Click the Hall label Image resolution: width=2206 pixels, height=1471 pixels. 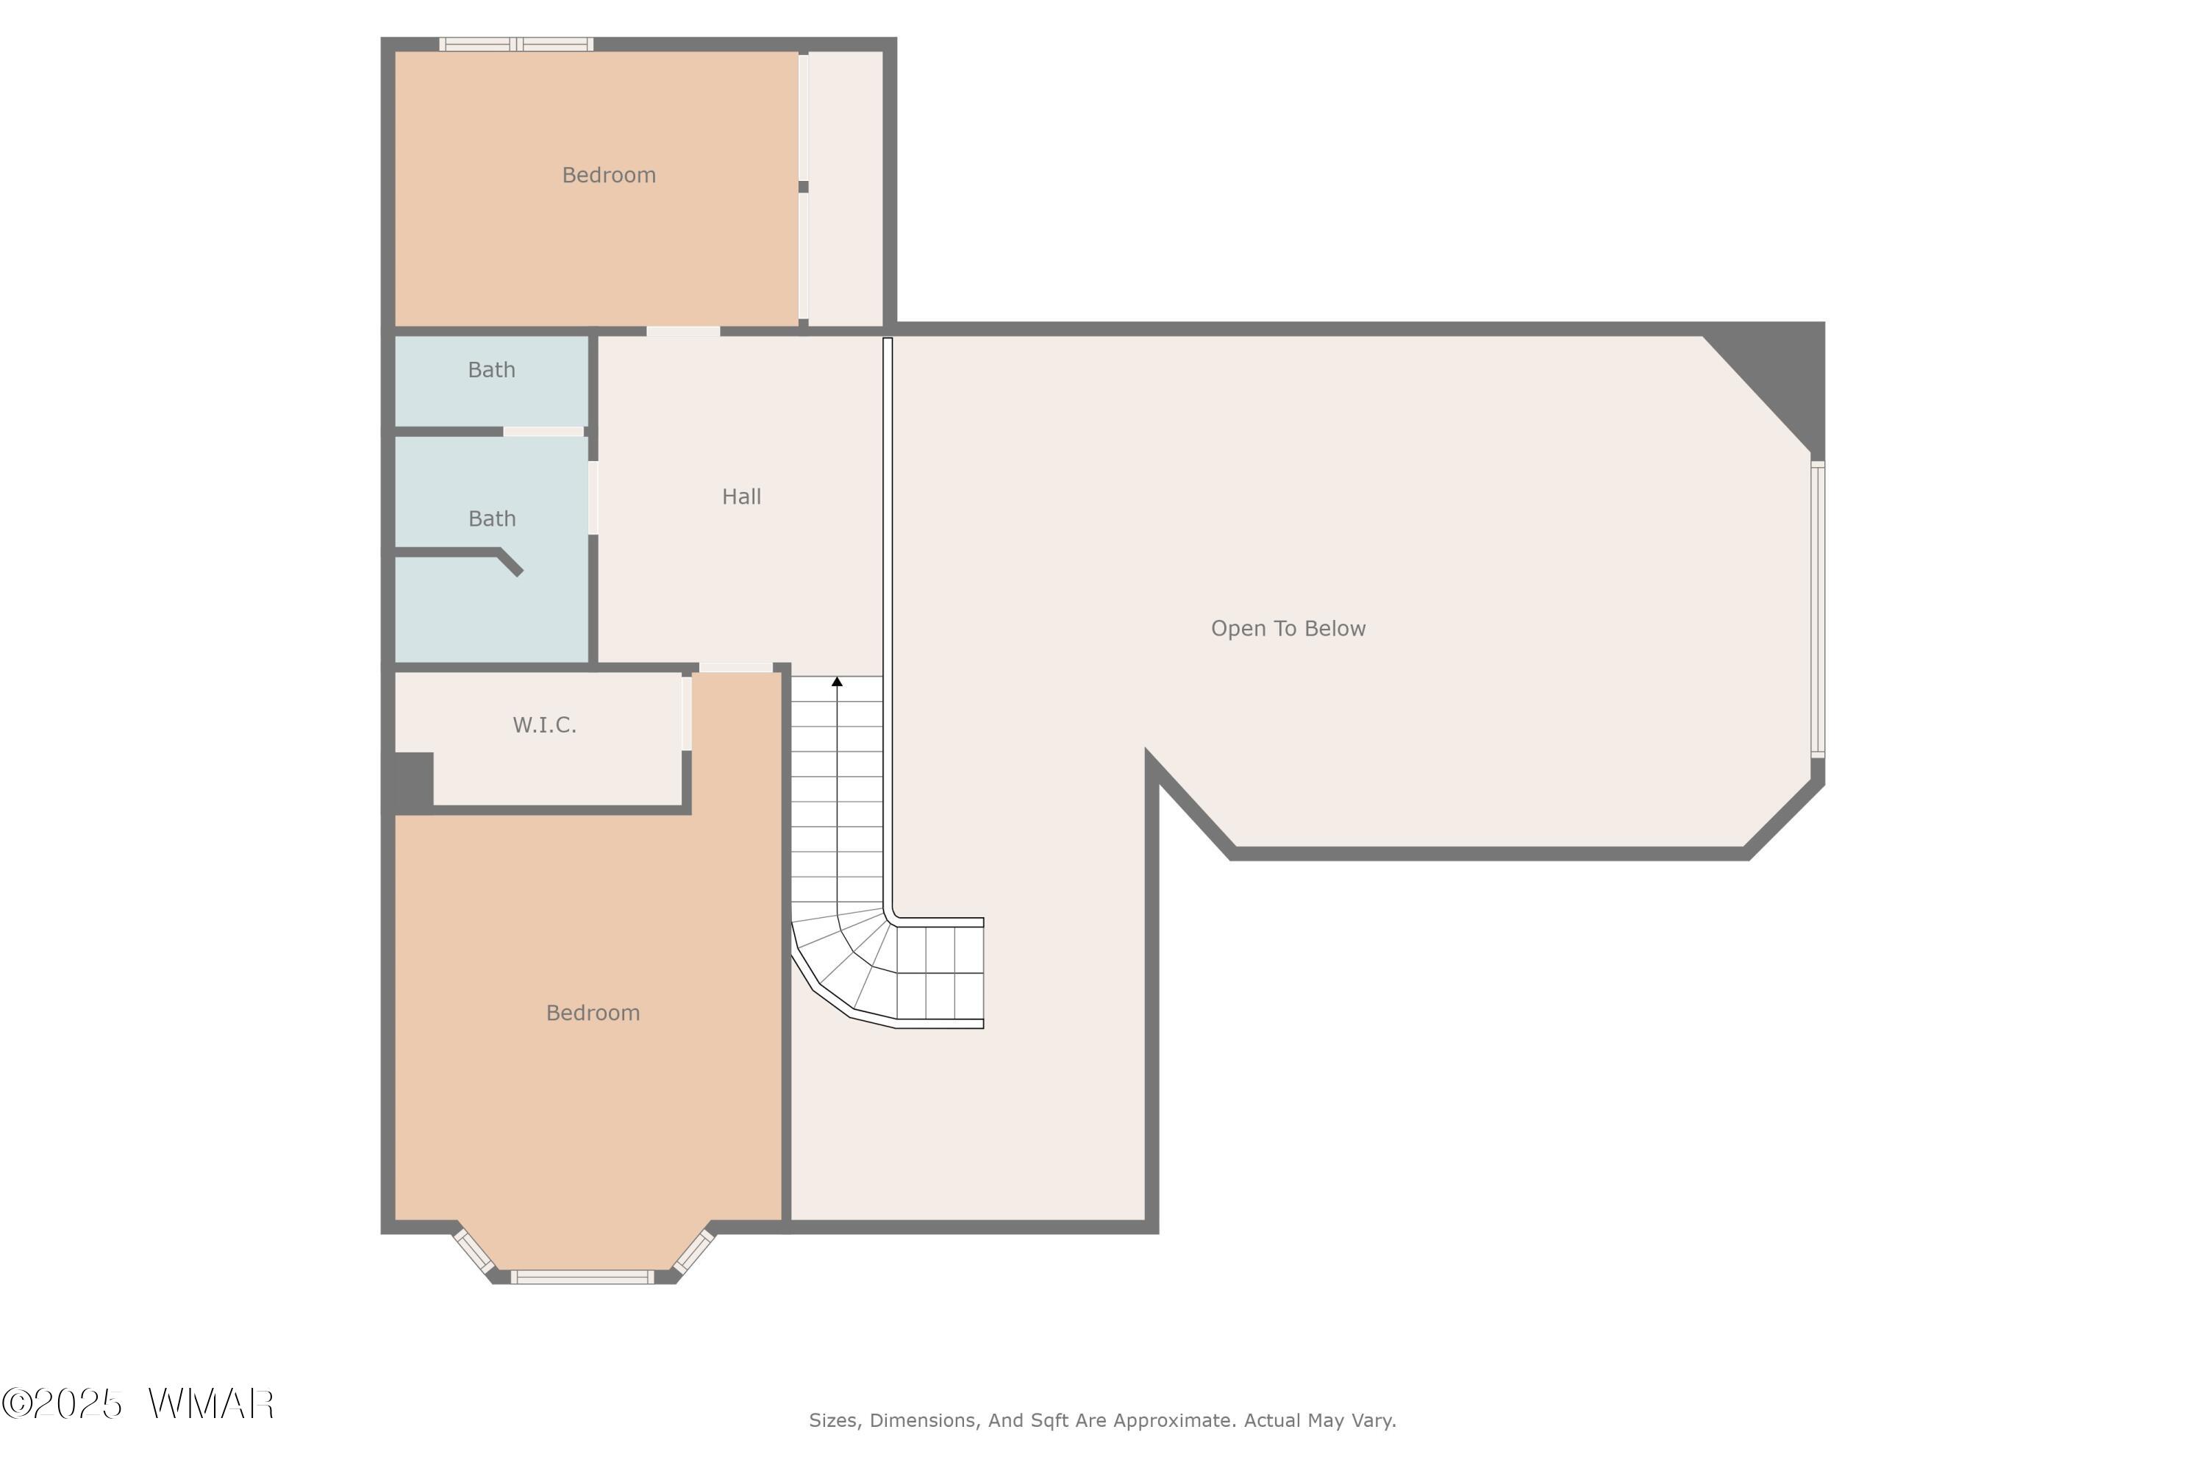pos(741,496)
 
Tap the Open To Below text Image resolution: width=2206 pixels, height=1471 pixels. pos(1288,629)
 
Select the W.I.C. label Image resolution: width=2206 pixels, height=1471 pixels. pos(544,724)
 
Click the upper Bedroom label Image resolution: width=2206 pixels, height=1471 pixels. pos(609,176)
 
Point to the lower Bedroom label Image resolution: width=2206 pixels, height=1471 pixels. pos(593,1014)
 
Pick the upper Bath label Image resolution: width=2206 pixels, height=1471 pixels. pos(491,370)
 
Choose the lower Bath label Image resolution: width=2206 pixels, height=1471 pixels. pos(491,519)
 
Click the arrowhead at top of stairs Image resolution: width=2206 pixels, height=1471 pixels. pos(838,682)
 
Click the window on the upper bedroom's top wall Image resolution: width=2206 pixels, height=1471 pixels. pos(517,44)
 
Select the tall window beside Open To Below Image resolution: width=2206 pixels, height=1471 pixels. pos(1818,609)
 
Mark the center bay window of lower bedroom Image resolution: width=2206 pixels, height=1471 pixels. pos(582,1276)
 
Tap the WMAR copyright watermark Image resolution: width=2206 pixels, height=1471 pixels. pos(138,1404)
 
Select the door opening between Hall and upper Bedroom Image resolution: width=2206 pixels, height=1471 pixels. pos(683,330)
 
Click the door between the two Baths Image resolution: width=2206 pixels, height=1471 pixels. pos(543,432)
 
